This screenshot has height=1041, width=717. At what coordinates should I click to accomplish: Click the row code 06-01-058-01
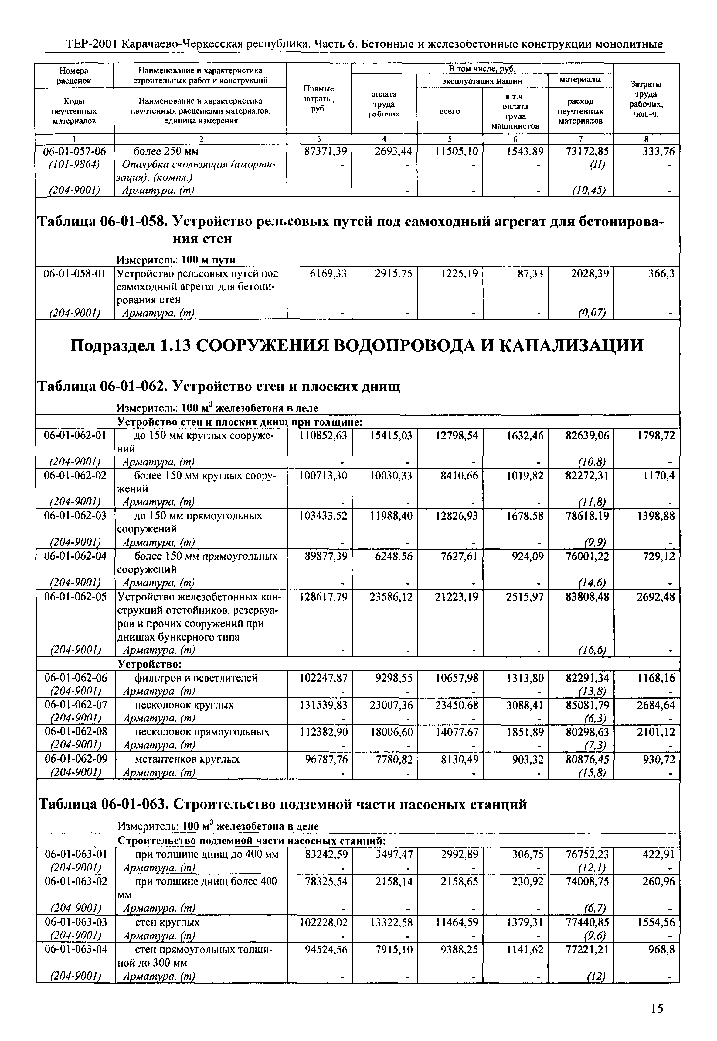(x=75, y=274)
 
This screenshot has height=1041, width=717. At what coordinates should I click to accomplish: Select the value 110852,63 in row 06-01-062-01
(x=324, y=435)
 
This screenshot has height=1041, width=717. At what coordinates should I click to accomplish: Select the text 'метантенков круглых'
(x=187, y=759)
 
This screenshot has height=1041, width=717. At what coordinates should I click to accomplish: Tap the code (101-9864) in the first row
(x=75, y=165)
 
